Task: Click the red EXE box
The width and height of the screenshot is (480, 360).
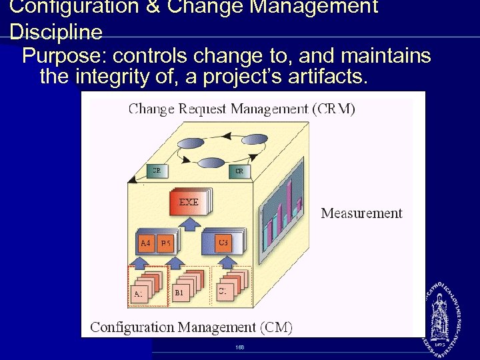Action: [x=189, y=203]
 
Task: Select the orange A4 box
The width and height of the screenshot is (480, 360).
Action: [x=146, y=243]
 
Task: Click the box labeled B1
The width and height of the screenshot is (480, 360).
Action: [x=179, y=292]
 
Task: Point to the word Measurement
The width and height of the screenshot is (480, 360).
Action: [x=361, y=213]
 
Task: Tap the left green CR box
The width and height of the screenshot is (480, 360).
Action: [x=155, y=171]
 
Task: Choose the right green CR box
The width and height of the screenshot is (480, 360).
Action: [x=239, y=171]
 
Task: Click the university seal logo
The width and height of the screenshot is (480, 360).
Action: [x=441, y=315]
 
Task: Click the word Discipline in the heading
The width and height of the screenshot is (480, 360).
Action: [x=57, y=33]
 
